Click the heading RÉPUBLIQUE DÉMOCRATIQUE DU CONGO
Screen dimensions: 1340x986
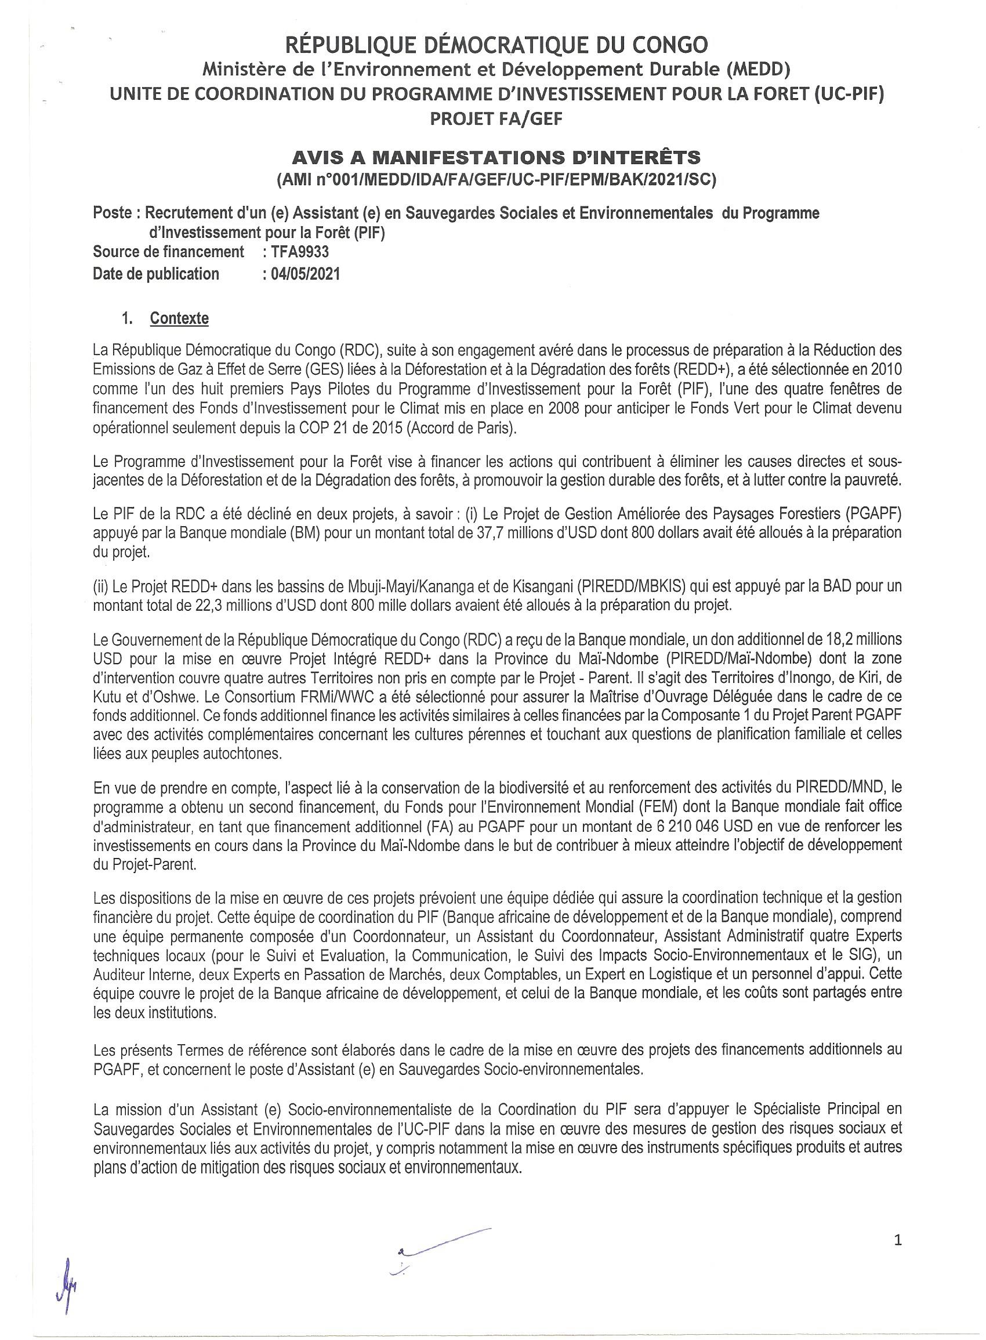496,45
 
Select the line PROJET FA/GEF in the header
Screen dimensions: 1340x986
496,119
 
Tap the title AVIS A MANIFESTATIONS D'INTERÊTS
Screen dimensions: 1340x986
495,158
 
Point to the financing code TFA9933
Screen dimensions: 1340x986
300,252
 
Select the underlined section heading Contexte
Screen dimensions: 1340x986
179,318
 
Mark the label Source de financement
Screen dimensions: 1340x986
168,252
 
